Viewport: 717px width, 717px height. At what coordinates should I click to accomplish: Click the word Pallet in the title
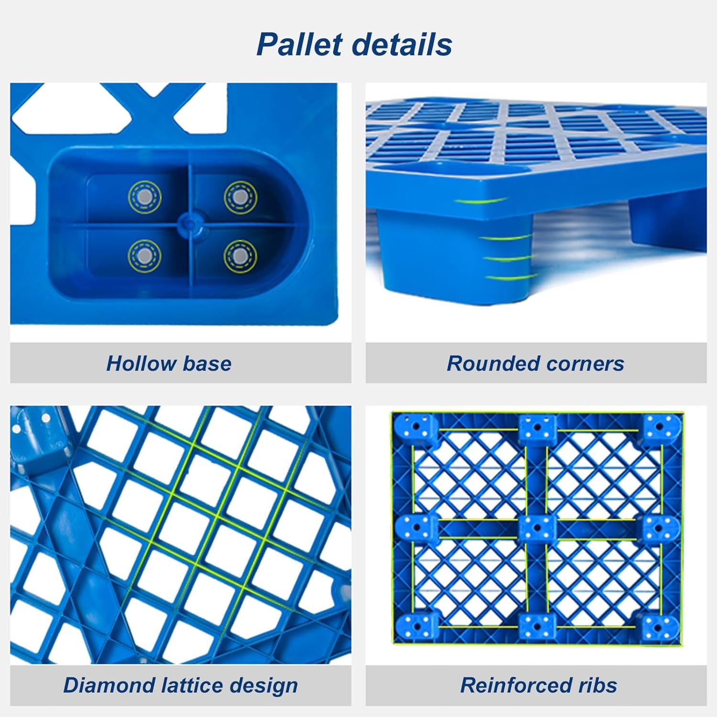coord(300,44)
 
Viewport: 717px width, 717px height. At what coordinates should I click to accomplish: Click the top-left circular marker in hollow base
coord(144,196)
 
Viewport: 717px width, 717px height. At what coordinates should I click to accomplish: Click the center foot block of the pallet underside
coord(537,528)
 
